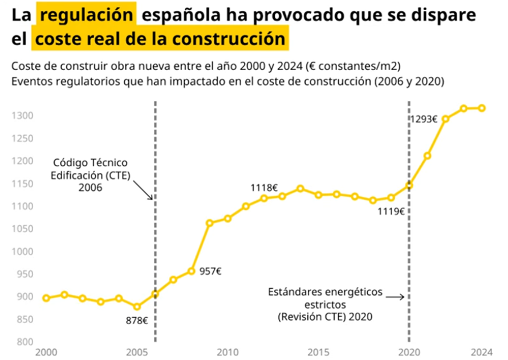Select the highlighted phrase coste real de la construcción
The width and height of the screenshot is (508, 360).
point(159,39)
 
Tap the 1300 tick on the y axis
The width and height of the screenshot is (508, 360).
point(23,116)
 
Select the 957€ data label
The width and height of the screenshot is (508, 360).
point(210,271)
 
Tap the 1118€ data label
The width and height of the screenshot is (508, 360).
point(264,187)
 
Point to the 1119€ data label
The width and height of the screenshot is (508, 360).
point(391,211)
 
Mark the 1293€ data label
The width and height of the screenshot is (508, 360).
point(424,119)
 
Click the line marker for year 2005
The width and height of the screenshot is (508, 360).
point(137,307)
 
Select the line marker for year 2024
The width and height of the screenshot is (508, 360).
point(482,108)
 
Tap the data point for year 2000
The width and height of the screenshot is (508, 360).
point(46,298)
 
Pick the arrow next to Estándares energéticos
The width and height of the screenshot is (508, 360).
point(394,297)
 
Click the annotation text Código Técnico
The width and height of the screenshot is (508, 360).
point(90,163)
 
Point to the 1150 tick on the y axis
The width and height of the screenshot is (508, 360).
point(23,184)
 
